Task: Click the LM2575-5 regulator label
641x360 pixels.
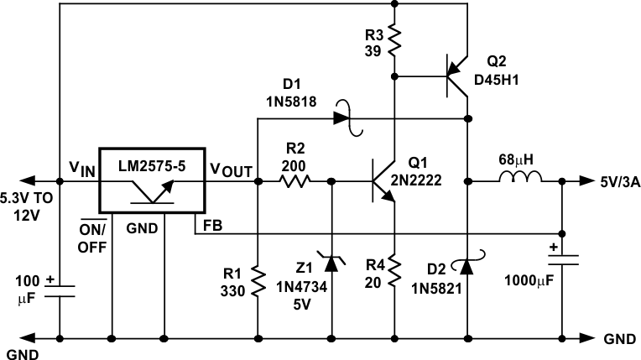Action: click(150, 165)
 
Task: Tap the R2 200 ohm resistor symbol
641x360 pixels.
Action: click(294, 180)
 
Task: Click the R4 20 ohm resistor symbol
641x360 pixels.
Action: click(394, 271)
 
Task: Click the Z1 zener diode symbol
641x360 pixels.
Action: click(332, 263)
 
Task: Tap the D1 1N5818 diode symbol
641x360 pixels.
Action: click(341, 118)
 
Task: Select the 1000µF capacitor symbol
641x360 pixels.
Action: click(561, 262)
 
